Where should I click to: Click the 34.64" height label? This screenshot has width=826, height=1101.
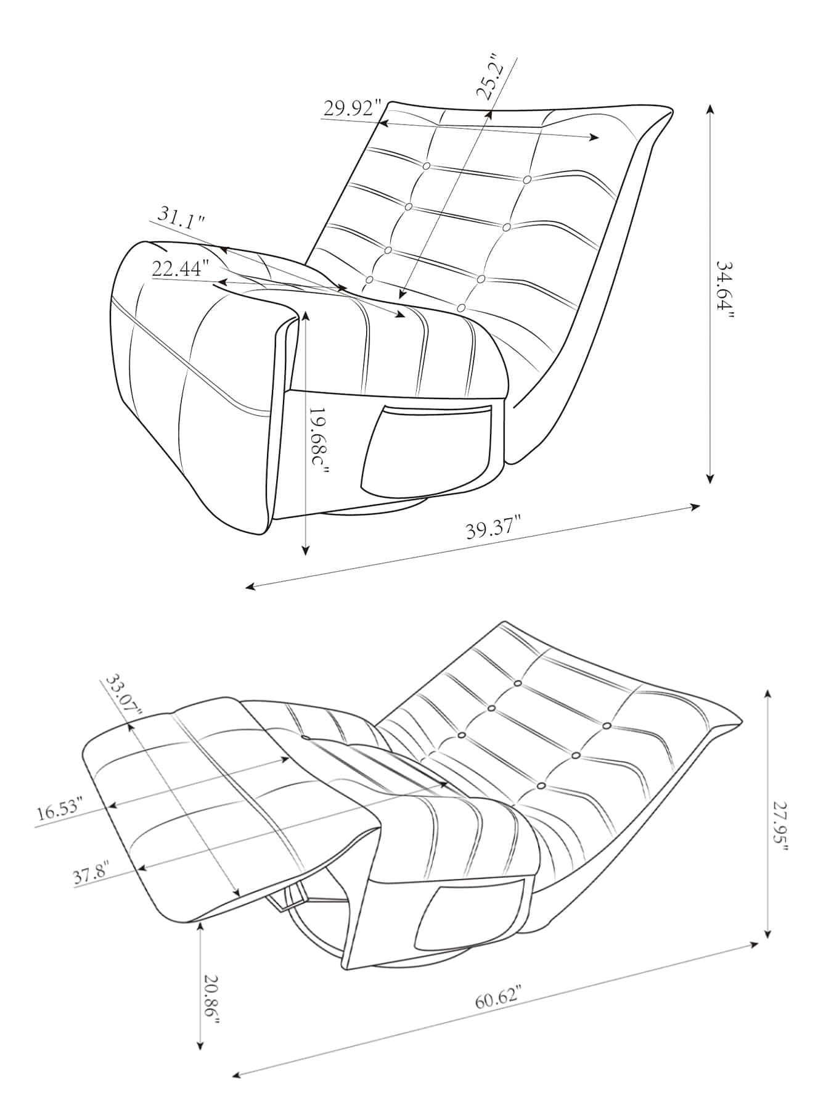[726, 289]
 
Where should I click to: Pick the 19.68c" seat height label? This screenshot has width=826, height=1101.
[319, 442]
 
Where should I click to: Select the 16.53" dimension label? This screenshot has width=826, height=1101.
[59, 810]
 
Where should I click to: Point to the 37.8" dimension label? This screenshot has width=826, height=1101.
[91, 875]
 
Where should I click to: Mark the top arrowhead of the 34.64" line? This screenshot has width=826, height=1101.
[710, 109]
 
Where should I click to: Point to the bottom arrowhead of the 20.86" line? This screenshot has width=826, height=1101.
[200, 1045]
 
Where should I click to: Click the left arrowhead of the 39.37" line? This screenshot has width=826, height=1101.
[250, 587]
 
